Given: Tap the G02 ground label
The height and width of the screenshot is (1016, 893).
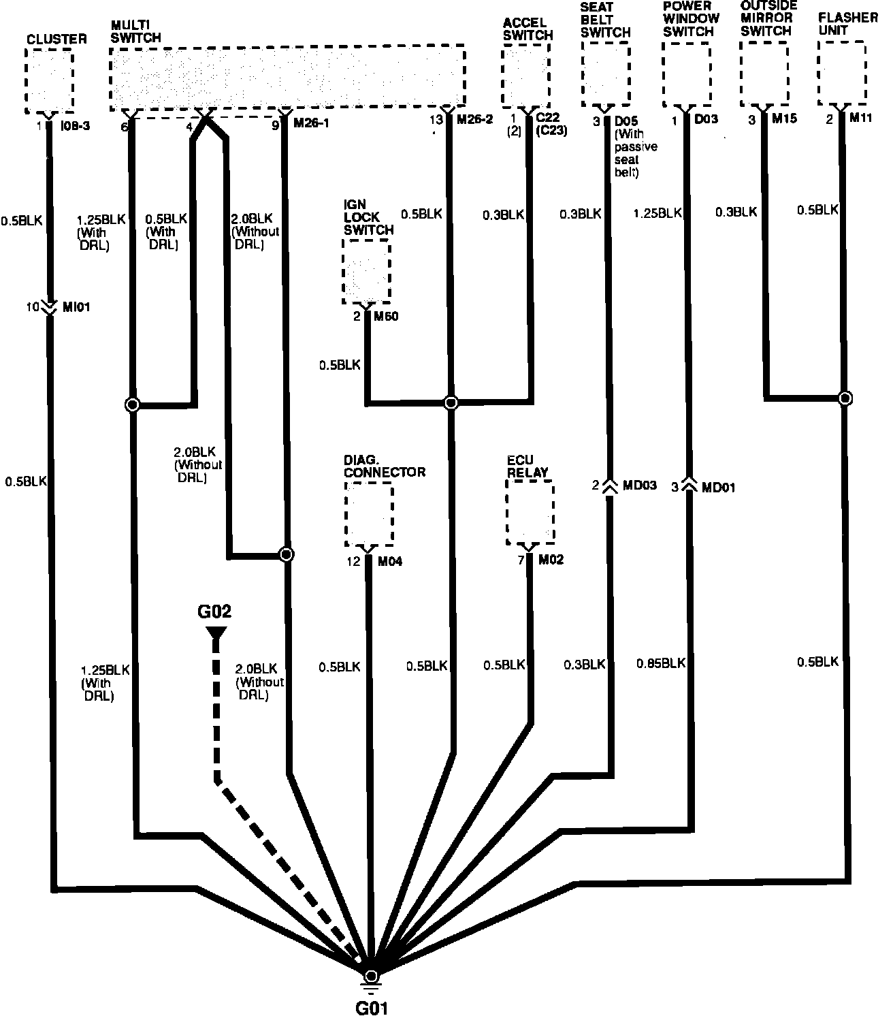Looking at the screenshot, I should click(x=215, y=611).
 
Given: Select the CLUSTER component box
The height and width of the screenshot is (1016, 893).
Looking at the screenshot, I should click(x=49, y=81).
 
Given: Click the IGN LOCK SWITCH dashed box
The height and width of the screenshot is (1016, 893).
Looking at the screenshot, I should click(x=366, y=272).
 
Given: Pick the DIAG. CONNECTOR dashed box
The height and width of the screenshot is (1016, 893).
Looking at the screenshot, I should click(x=369, y=514).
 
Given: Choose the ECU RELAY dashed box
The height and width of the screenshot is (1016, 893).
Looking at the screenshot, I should click(x=530, y=512).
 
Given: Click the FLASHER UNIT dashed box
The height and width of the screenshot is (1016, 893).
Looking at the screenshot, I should click(x=842, y=73).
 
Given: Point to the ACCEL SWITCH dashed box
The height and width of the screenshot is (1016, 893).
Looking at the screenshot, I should click(x=525, y=76).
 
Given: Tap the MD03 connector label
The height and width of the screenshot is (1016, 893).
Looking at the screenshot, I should click(x=640, y=486).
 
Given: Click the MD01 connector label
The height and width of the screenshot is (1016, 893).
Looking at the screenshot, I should click(x=719, y=487).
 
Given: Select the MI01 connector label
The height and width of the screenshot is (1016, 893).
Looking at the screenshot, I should click(x=77, y=307).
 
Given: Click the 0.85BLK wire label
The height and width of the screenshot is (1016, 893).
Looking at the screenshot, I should click(x=661, y=663).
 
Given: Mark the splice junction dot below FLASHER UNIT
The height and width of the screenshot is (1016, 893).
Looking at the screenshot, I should click(x=845, y=398).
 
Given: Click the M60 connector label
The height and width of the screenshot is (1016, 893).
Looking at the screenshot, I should click(x=386, y=317).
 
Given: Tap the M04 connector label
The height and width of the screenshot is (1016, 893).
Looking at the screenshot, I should click(x=390, y=562).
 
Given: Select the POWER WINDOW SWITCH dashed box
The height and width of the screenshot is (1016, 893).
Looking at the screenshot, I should click(x=687, y=74).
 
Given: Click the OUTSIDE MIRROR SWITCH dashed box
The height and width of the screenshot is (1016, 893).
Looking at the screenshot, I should click(x=764, y=73).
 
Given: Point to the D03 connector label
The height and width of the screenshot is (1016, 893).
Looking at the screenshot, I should click(x=706, y=120).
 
